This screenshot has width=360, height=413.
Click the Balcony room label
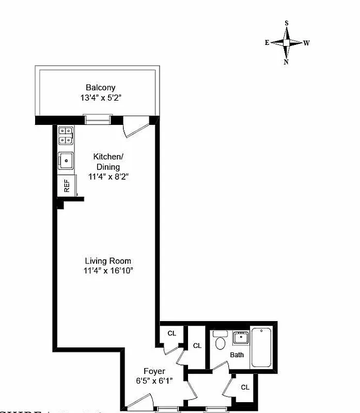101,88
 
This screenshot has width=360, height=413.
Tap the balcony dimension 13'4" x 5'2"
101,97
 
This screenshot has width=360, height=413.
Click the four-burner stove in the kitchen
66,135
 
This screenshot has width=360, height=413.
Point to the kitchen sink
66,161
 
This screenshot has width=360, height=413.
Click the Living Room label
108,261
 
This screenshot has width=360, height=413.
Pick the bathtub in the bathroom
263,347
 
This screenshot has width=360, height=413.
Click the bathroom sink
240,339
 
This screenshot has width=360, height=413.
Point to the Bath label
237,355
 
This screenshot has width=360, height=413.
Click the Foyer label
154,371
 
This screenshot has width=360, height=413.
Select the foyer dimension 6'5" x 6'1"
154,380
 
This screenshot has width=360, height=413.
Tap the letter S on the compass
287,23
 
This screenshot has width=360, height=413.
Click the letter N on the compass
286,62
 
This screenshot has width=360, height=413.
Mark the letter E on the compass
267,43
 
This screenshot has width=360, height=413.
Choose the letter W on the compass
306,43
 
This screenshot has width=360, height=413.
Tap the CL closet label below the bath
245,387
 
